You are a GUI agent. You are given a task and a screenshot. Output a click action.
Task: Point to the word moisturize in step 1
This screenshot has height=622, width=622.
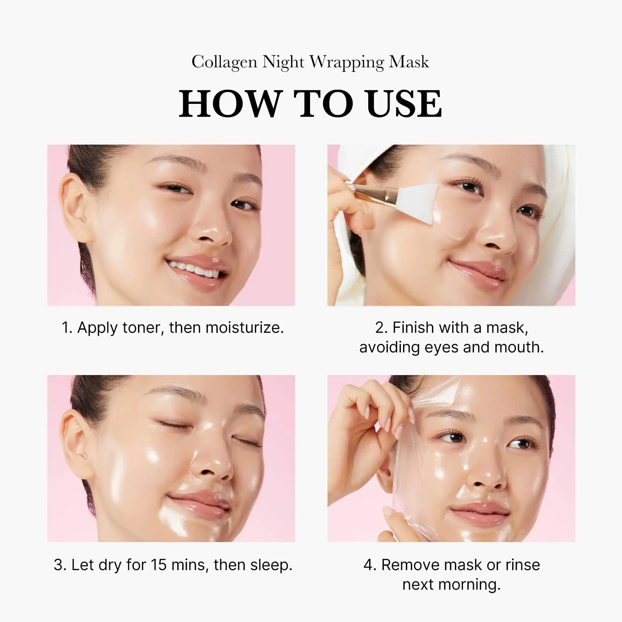pos(244,328)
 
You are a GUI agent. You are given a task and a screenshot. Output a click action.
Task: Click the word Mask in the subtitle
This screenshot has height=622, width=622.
pos(409,62)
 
